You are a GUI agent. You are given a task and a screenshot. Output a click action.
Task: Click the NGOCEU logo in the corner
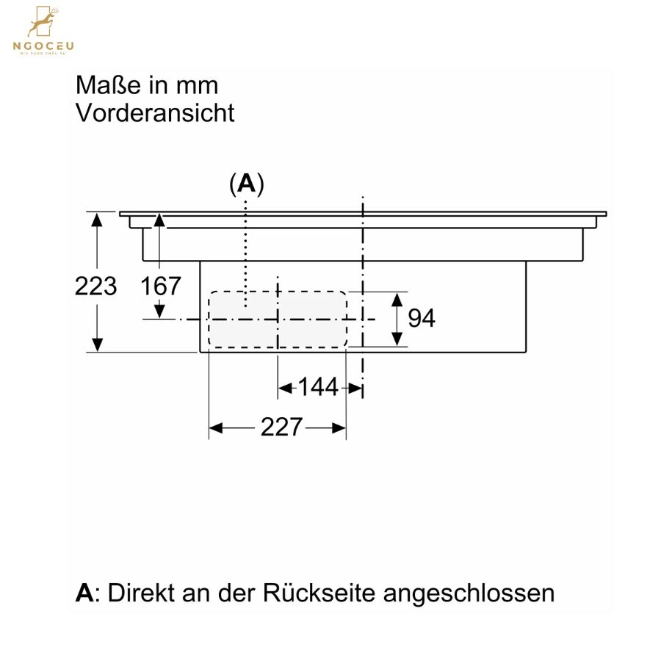pyautogui.click(x=43, y=30)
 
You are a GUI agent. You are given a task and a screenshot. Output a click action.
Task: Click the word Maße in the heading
pyautogui.click(x=109, y=85)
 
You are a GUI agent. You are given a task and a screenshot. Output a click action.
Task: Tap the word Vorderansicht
pyautogui.click(x=155, y=113)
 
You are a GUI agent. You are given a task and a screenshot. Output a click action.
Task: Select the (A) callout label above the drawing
pyautogui.click(x=247, y=184)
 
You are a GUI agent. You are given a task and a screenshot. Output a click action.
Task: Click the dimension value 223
pyautogui.click(x=95, y=286)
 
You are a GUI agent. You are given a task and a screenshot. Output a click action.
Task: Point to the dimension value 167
pyautogui.click(x=161, y=286)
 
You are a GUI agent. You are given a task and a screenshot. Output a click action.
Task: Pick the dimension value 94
pyautogui.click(x=422, y=318)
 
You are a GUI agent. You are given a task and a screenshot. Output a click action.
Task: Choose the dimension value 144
pyautogui.click(x=318, y=387)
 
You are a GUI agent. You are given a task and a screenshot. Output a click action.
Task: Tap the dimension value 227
pyautogui.click(x=281, y=427)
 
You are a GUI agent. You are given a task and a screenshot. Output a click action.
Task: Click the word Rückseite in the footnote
pyautogui.click(x=319, y=593)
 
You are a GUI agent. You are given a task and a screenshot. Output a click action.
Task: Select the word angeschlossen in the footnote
pyautogui.click(x=469, y=593)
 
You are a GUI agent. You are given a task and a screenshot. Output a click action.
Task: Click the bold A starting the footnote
pyautogui.click(x=84, y=593)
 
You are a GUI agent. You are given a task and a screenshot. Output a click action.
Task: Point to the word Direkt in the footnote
pyautogui.click(x=141, y=593)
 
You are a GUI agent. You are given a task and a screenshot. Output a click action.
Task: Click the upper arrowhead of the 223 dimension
pyautogui.click(x=97, y=220)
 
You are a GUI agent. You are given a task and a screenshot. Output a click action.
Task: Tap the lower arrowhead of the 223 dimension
pyautogui.click(x=98, y=344)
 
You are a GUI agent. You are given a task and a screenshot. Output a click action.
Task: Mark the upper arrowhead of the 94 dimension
pyautogui.click(x=397, y=299)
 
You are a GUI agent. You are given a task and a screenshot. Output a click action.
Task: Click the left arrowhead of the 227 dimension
pyautogui.click(x=216, y=428)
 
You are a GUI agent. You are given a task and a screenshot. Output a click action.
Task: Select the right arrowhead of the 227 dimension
pyautogui.click(x=339, y=428)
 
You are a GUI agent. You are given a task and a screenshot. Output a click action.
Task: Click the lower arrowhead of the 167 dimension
pyautogui.click(x=159, y=311)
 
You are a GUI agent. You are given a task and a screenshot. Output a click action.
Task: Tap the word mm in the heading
pyautogui.click(x=198, y=85)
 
